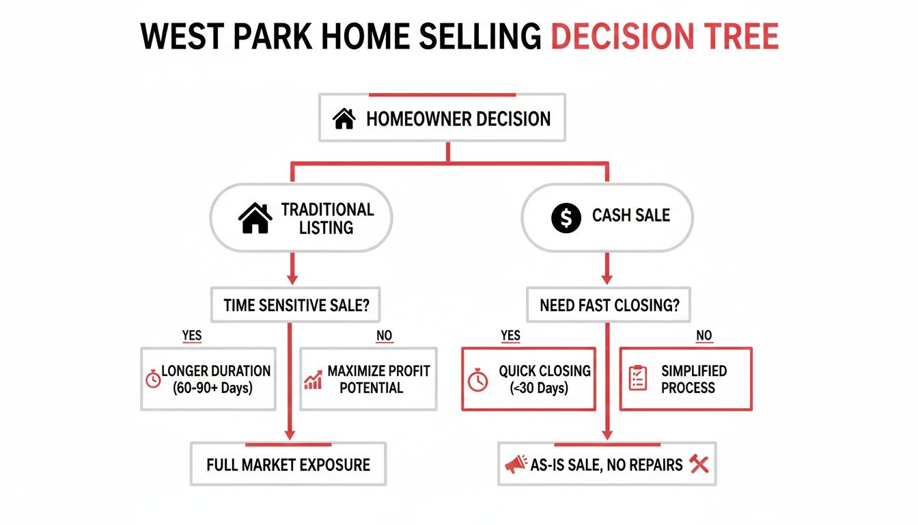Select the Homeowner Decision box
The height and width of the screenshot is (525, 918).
click(442, 119)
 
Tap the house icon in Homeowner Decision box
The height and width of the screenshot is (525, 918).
click(344, 120)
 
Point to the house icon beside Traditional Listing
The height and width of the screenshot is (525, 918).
click(255, 219)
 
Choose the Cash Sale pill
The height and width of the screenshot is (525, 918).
click(607, 217)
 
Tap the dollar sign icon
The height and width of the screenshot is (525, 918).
click(565, 217)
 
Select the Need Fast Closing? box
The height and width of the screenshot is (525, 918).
click(609, 305)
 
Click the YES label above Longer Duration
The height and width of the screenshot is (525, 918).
click(192, 336)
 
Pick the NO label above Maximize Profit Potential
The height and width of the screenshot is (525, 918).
click(385, 336)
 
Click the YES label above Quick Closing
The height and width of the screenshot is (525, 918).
click(510, 336)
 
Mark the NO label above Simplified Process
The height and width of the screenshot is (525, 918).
click(704, 336)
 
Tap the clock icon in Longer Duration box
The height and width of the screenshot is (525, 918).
click(153, 379)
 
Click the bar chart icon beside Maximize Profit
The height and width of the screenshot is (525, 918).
click(313, 380)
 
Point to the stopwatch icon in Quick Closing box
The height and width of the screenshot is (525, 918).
click(478, 380)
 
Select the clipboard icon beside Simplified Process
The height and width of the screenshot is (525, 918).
click(637, 378)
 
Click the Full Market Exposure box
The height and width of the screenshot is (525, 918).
click(288, 465)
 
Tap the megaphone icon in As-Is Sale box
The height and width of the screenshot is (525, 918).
click(516, 466)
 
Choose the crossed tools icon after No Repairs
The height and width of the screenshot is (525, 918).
click(699, 465)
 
